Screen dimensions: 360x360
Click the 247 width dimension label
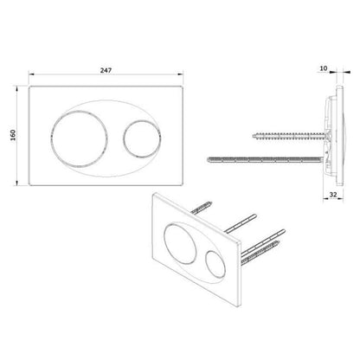pyautogui.click(x=106, y=70)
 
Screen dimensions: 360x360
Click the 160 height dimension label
pyautogui.click(x=13, y=135)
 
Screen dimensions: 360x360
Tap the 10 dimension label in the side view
pyautogui.click(x=324, y=68)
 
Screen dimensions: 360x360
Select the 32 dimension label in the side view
pyautogui.click(x=333, y=195)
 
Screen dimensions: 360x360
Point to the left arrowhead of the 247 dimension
pyautogui.click(x=30, y=74)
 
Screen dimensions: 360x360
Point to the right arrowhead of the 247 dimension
pyautogui.click(x=182, y=74)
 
